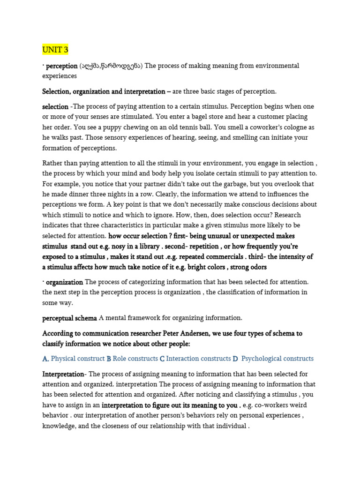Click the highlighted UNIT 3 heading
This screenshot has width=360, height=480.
[x=55, y=50]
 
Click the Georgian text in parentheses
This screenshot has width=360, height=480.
[x=111, y=66]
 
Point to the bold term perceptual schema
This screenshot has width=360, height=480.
[x=69, y=318]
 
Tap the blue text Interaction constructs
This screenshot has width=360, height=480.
[x=198, y=359]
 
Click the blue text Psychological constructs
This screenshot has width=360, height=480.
[x=277, y=359]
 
